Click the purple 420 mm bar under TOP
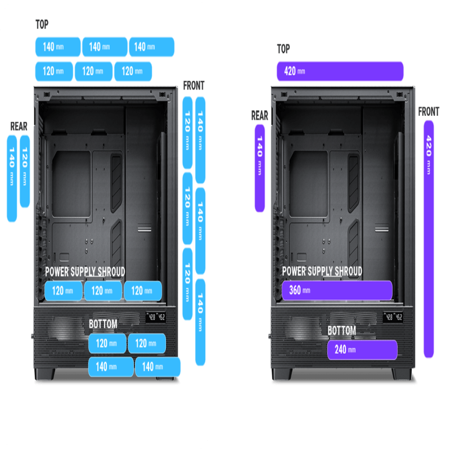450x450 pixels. (340, 71)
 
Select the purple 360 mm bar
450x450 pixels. (336, 290)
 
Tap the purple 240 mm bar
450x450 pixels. (362, 349)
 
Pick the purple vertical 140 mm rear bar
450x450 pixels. (260, 168)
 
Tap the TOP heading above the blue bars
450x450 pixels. (42, 25)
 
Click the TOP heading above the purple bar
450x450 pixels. (283, 49)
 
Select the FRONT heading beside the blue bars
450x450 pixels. (193, 86)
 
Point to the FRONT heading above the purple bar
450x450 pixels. (429, 112)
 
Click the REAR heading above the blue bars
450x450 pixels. (19, 126)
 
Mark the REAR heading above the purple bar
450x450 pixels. (259, 116)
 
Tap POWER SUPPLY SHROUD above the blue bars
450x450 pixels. (85, 272)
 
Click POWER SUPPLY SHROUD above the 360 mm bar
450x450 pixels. (322, 272)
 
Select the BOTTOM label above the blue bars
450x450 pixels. (103, 324)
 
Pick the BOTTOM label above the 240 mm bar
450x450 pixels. (342, 331)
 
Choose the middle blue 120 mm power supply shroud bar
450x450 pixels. (102, 291)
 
